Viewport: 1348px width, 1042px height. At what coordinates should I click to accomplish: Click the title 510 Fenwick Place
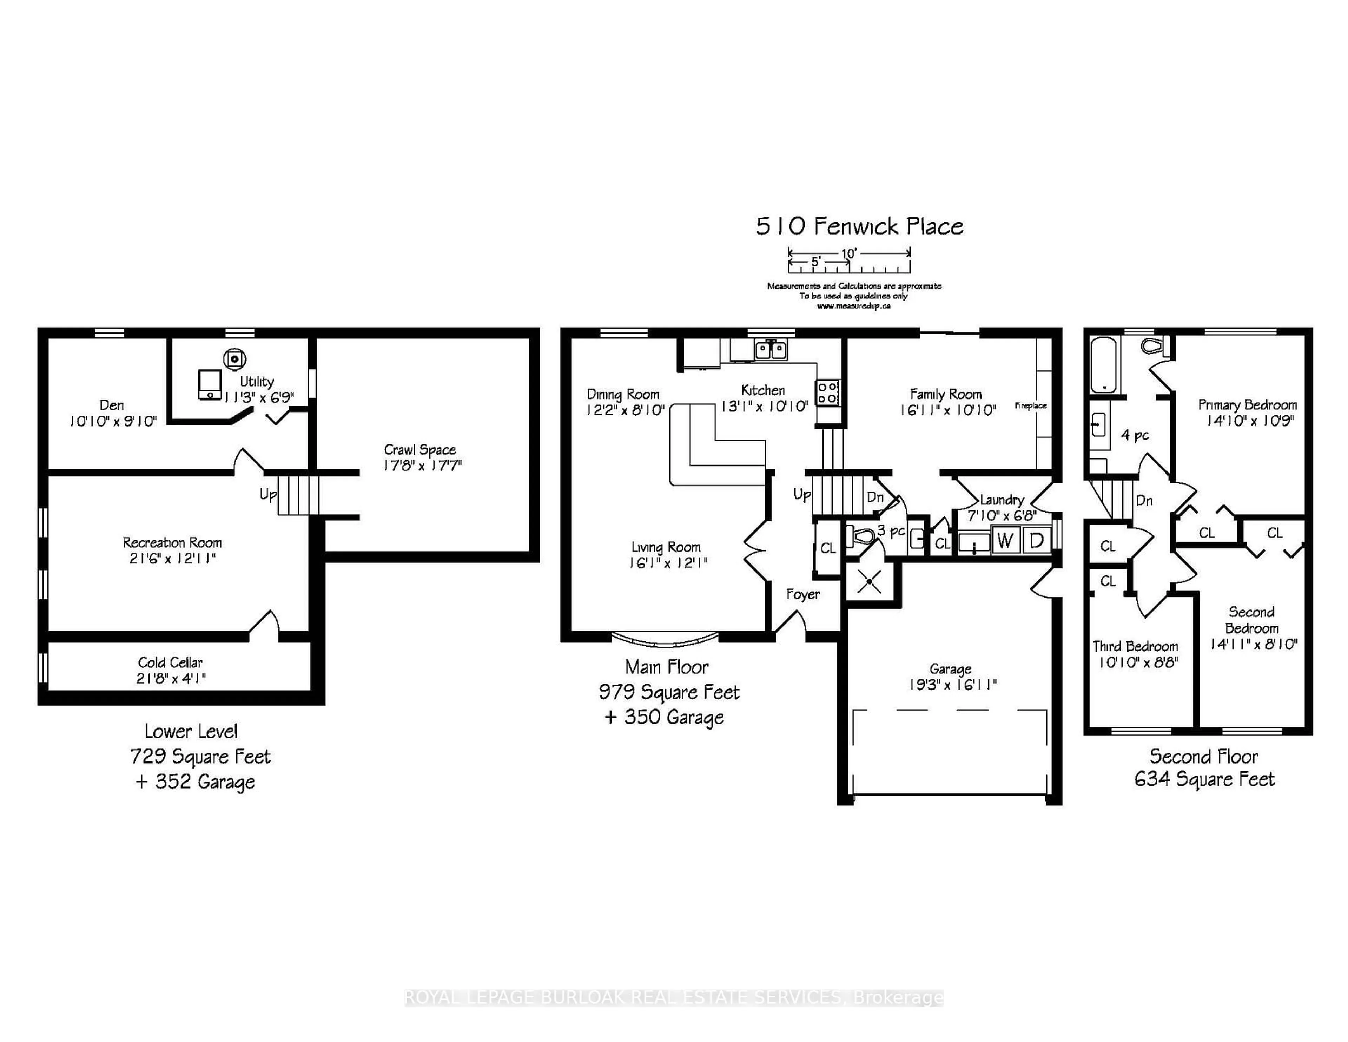click(859, 226)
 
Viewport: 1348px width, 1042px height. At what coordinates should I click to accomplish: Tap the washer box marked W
click(1005, 541)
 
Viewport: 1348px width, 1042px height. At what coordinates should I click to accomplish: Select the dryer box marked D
click(1037, 541)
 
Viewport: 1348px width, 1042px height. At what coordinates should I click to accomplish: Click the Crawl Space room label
click(420, 449)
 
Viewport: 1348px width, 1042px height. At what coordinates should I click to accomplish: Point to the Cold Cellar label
click(170, 662)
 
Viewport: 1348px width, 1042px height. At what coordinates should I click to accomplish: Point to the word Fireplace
click(1030, 405)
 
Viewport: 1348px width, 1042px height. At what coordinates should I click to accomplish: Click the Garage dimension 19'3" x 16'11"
click(952, 685)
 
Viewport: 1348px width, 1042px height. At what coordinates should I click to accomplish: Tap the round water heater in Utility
click(234, 359)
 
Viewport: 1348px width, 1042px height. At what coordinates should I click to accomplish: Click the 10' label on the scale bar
click(849, 253)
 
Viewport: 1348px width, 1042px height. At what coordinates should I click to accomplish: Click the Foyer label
click(802, 594)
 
